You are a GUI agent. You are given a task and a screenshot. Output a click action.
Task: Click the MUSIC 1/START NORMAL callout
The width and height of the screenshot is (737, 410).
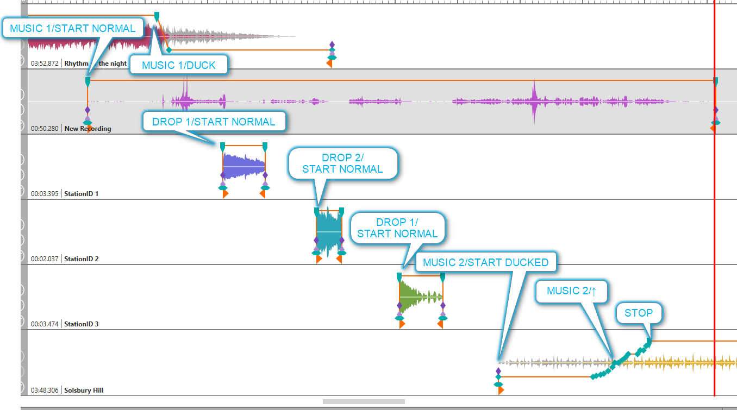click(73, 28)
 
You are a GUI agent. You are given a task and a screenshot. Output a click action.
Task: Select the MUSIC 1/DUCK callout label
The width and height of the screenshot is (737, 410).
click(179, 65)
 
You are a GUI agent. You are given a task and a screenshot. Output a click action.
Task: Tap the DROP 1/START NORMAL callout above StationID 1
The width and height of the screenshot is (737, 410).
click(214, 122)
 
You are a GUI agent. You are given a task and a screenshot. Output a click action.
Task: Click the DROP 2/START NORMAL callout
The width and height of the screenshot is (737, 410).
click(342, 163)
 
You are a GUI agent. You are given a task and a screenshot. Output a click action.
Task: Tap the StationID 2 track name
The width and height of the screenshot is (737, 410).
click(82, 259)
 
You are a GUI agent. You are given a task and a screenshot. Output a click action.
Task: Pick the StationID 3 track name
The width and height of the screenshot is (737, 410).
click(82, 324)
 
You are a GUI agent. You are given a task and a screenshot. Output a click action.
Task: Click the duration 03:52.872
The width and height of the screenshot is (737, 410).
click(45, 64)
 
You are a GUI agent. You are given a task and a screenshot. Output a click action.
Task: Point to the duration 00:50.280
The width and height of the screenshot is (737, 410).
click(45, 129)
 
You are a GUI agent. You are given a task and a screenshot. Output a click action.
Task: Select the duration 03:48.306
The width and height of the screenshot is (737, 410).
click(45, 390)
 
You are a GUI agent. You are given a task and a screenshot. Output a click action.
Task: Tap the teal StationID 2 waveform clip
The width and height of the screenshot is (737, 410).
click(328, 232)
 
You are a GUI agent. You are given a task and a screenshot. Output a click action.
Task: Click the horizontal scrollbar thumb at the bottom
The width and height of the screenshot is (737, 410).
click(364, 402)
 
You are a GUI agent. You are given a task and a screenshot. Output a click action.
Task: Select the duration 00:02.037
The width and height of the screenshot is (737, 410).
click(45, 259)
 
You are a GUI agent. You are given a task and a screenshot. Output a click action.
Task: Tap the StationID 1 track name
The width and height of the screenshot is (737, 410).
click(82, 193)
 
